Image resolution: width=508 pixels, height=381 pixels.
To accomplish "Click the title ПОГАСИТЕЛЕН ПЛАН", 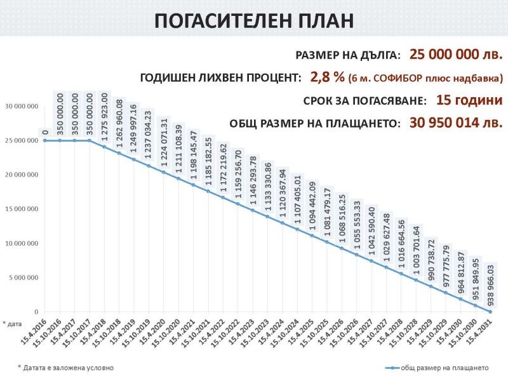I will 254,20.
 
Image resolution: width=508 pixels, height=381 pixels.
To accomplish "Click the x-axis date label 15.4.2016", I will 36,331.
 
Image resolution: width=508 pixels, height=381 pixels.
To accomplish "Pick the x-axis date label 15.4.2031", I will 481,331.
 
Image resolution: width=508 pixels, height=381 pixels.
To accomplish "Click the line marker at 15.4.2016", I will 46,140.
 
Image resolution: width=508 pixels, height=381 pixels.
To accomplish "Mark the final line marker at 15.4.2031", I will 490,311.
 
